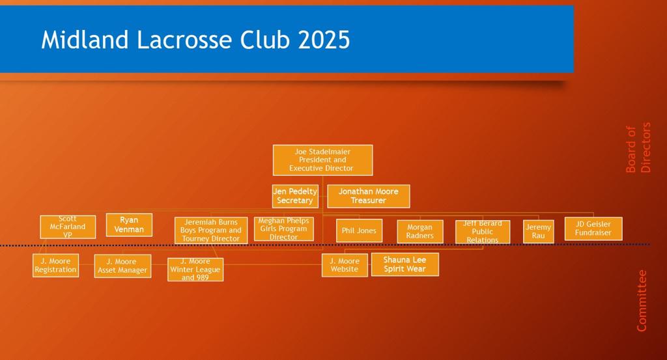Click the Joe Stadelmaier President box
(322, 159)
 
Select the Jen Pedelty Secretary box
(295, 196)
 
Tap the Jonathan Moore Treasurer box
(369, 196)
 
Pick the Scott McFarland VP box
(68, 227)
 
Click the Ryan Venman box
(129, 225)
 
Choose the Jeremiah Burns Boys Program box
(211, 230)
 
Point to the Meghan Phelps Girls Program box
(284, 229)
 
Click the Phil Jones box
(359, 231)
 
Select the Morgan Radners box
(420, 232)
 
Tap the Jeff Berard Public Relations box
(483, 232)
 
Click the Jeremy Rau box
(538, 232)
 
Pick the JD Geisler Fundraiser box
(593, 228)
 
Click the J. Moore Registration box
(56, 266)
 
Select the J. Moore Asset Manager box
(122, 266)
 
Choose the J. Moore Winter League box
(195, 270)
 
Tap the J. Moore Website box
(345, 265)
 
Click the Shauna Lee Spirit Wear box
(404, 264)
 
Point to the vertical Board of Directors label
(638, 148)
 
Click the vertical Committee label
(641, 301)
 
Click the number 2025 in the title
(324, 40)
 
